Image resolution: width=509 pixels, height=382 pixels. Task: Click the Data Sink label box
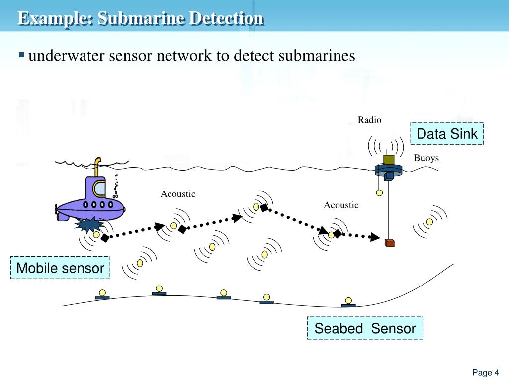click(x=447, y=133)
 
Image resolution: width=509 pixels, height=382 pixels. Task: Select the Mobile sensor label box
click(x=60, y=268)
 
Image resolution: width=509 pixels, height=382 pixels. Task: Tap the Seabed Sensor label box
click(x=365, y=328)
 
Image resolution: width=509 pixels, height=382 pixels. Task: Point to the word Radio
click(x=369, y=120)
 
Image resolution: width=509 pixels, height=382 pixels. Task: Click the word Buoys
click(x=426, y=158)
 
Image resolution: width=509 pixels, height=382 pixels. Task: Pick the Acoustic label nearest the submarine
click(x=178, y=194)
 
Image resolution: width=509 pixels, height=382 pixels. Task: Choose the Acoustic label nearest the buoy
click(x=341, y=205)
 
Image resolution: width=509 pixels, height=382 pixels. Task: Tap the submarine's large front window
click(x=99, y=189)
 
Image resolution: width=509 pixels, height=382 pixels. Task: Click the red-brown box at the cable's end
click(x=390, y=242)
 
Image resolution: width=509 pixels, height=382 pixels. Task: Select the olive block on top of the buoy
click(x=389, y=160)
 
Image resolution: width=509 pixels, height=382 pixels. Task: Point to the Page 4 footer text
click(x=485, y=373)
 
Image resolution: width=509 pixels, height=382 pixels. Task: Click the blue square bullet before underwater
click(x=21, y=54)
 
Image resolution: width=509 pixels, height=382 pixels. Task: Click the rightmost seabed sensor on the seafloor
click(x=348, y=302)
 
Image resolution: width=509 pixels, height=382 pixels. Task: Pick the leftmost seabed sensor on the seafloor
click(x=102, y=294)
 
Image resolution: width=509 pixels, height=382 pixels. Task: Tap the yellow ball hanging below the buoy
click(x=379, y=193)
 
